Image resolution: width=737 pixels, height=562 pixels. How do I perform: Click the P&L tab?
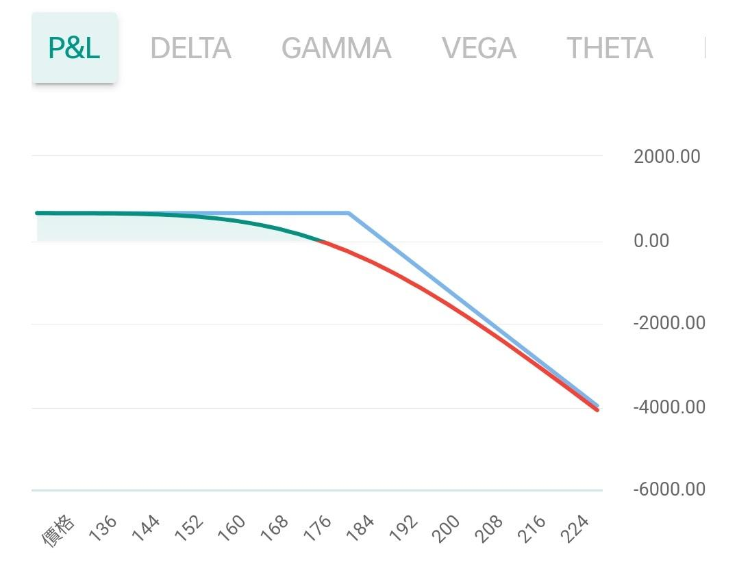coord(74,48)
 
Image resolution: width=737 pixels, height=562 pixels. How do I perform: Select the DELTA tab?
coord(190,48)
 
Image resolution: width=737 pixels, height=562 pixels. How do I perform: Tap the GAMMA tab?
coord(336,48)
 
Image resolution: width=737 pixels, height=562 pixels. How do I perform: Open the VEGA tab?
coord(479,48)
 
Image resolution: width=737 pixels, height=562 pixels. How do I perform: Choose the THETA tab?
coord(609,48)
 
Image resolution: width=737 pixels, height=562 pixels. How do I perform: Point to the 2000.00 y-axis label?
coord(666,157)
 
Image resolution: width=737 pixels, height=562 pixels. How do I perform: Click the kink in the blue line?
coord(348,213)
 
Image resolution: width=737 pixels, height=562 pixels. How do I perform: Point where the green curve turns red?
coord(320,241)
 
